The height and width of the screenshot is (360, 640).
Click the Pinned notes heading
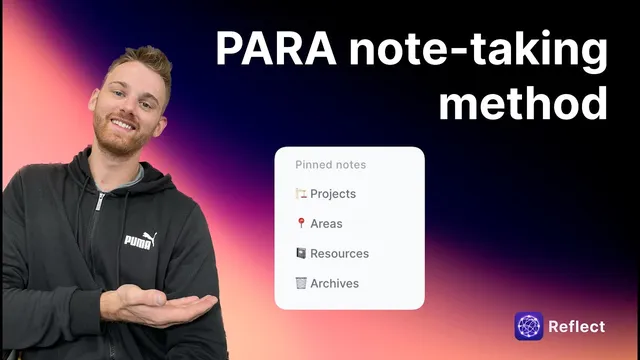click(330, 165)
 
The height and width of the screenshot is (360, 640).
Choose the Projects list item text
click(333, 194)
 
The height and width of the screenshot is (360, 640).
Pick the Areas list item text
click(326, 224)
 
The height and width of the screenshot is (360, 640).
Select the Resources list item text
click(339, 254)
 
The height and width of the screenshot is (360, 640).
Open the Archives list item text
click(334, 284)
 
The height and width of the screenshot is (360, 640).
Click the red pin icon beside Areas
click(300, 224)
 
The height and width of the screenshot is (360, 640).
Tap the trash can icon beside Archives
click(300, 284)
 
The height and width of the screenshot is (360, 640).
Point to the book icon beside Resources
click(300, 254)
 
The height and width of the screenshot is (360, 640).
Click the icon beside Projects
click(300, 194)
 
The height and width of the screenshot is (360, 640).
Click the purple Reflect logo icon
click(528, 327)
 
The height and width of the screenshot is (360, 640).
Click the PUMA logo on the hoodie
click(138, 241)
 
